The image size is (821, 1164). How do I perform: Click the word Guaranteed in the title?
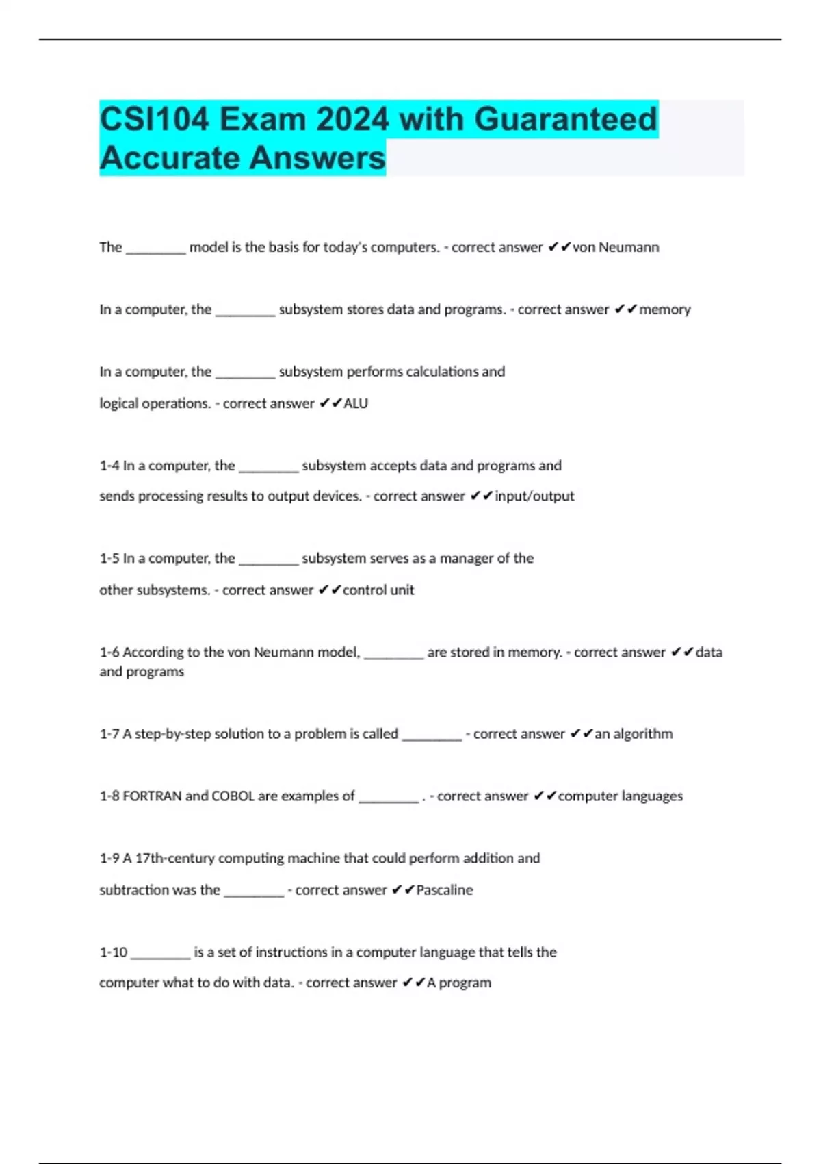pos(565,119)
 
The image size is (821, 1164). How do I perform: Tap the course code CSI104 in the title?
pos(154,119)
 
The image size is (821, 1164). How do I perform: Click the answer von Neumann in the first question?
pos(616,247)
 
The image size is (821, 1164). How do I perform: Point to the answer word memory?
pos(665,309)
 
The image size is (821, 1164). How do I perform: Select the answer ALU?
pos(356,403)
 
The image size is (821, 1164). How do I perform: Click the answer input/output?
pos(534,496)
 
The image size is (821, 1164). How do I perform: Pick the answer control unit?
pos(378,590)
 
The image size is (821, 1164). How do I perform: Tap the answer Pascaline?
pos(445,889)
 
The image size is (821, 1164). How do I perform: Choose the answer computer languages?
pos(621,796)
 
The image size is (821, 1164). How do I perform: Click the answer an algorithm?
pos(634,733)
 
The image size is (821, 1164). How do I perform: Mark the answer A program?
pos(459,983)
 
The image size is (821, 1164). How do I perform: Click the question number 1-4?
pos(109,466)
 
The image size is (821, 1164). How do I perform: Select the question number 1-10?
pos(114,952)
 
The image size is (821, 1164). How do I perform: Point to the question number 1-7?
pos(109,733)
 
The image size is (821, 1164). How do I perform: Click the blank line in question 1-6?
pos(394,656)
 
